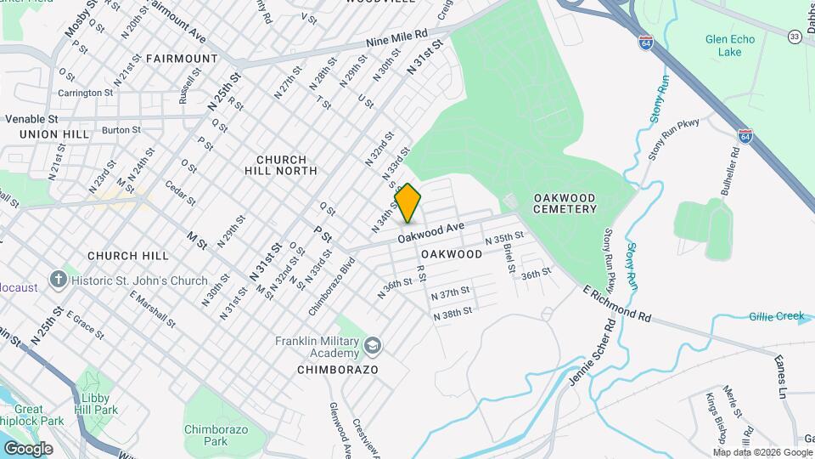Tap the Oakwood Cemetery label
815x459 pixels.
pyautogui.click(x=565, y=203)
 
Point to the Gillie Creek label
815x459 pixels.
pyautogui.click(x=776, y=316)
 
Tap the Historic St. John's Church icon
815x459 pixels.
pyautogui.click(x=58, y=280)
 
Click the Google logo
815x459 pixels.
pyautogui.click(x=28, y=449)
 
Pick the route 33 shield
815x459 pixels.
pyautogui.click(x=795, y=37)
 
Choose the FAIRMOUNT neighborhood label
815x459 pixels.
pyautogui.click(x=182, y=59)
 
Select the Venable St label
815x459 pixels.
pyautogui.click(x=31, y=119)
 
